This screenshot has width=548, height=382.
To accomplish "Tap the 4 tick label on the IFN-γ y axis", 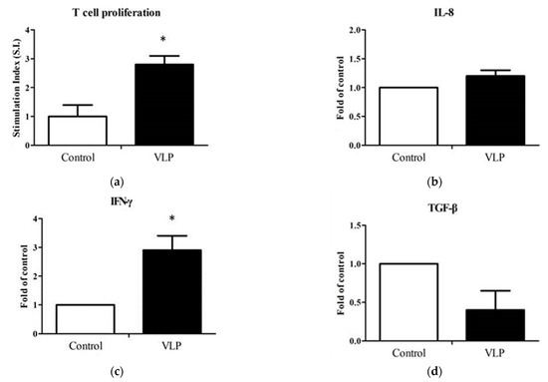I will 37,219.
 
